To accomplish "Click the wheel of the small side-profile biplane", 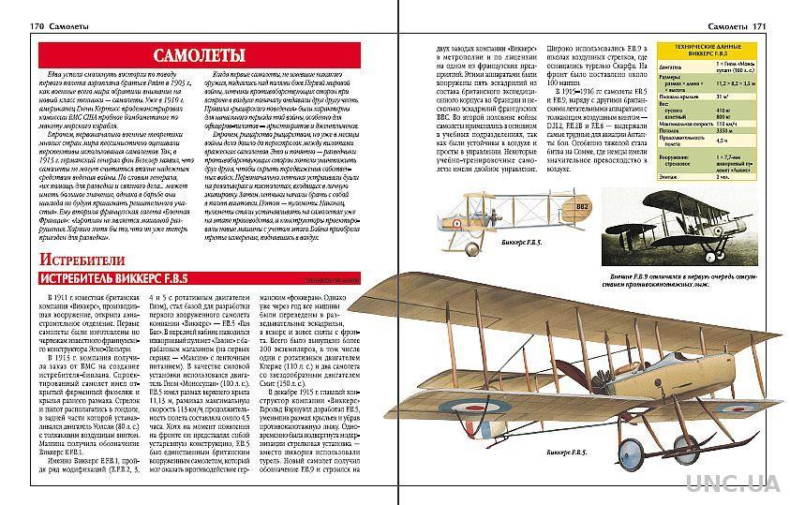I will pos(468,246).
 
